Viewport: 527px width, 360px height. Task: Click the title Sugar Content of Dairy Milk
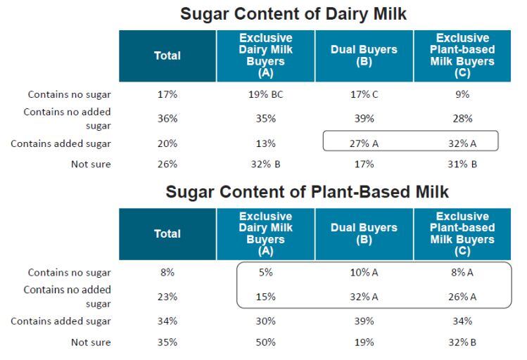click(293, 13)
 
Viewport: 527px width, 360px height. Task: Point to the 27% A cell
click(364, 143)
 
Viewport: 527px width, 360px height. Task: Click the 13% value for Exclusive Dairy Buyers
click(266, 143)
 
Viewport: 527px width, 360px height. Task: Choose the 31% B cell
click(463, 165)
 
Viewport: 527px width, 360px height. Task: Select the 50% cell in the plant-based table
click(266, 342)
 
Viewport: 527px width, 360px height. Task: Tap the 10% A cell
click(364, 272)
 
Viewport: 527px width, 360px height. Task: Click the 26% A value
click(463, 297)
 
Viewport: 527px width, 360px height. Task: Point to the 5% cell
click(266, 272)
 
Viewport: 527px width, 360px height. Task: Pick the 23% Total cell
click(167, 297)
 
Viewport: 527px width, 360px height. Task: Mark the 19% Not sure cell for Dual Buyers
click(364, 342)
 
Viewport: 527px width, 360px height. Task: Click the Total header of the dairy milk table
click(167, 56)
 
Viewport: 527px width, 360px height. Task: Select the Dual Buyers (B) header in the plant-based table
click(364, 233)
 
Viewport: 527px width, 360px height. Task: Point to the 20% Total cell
click(167, 143)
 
